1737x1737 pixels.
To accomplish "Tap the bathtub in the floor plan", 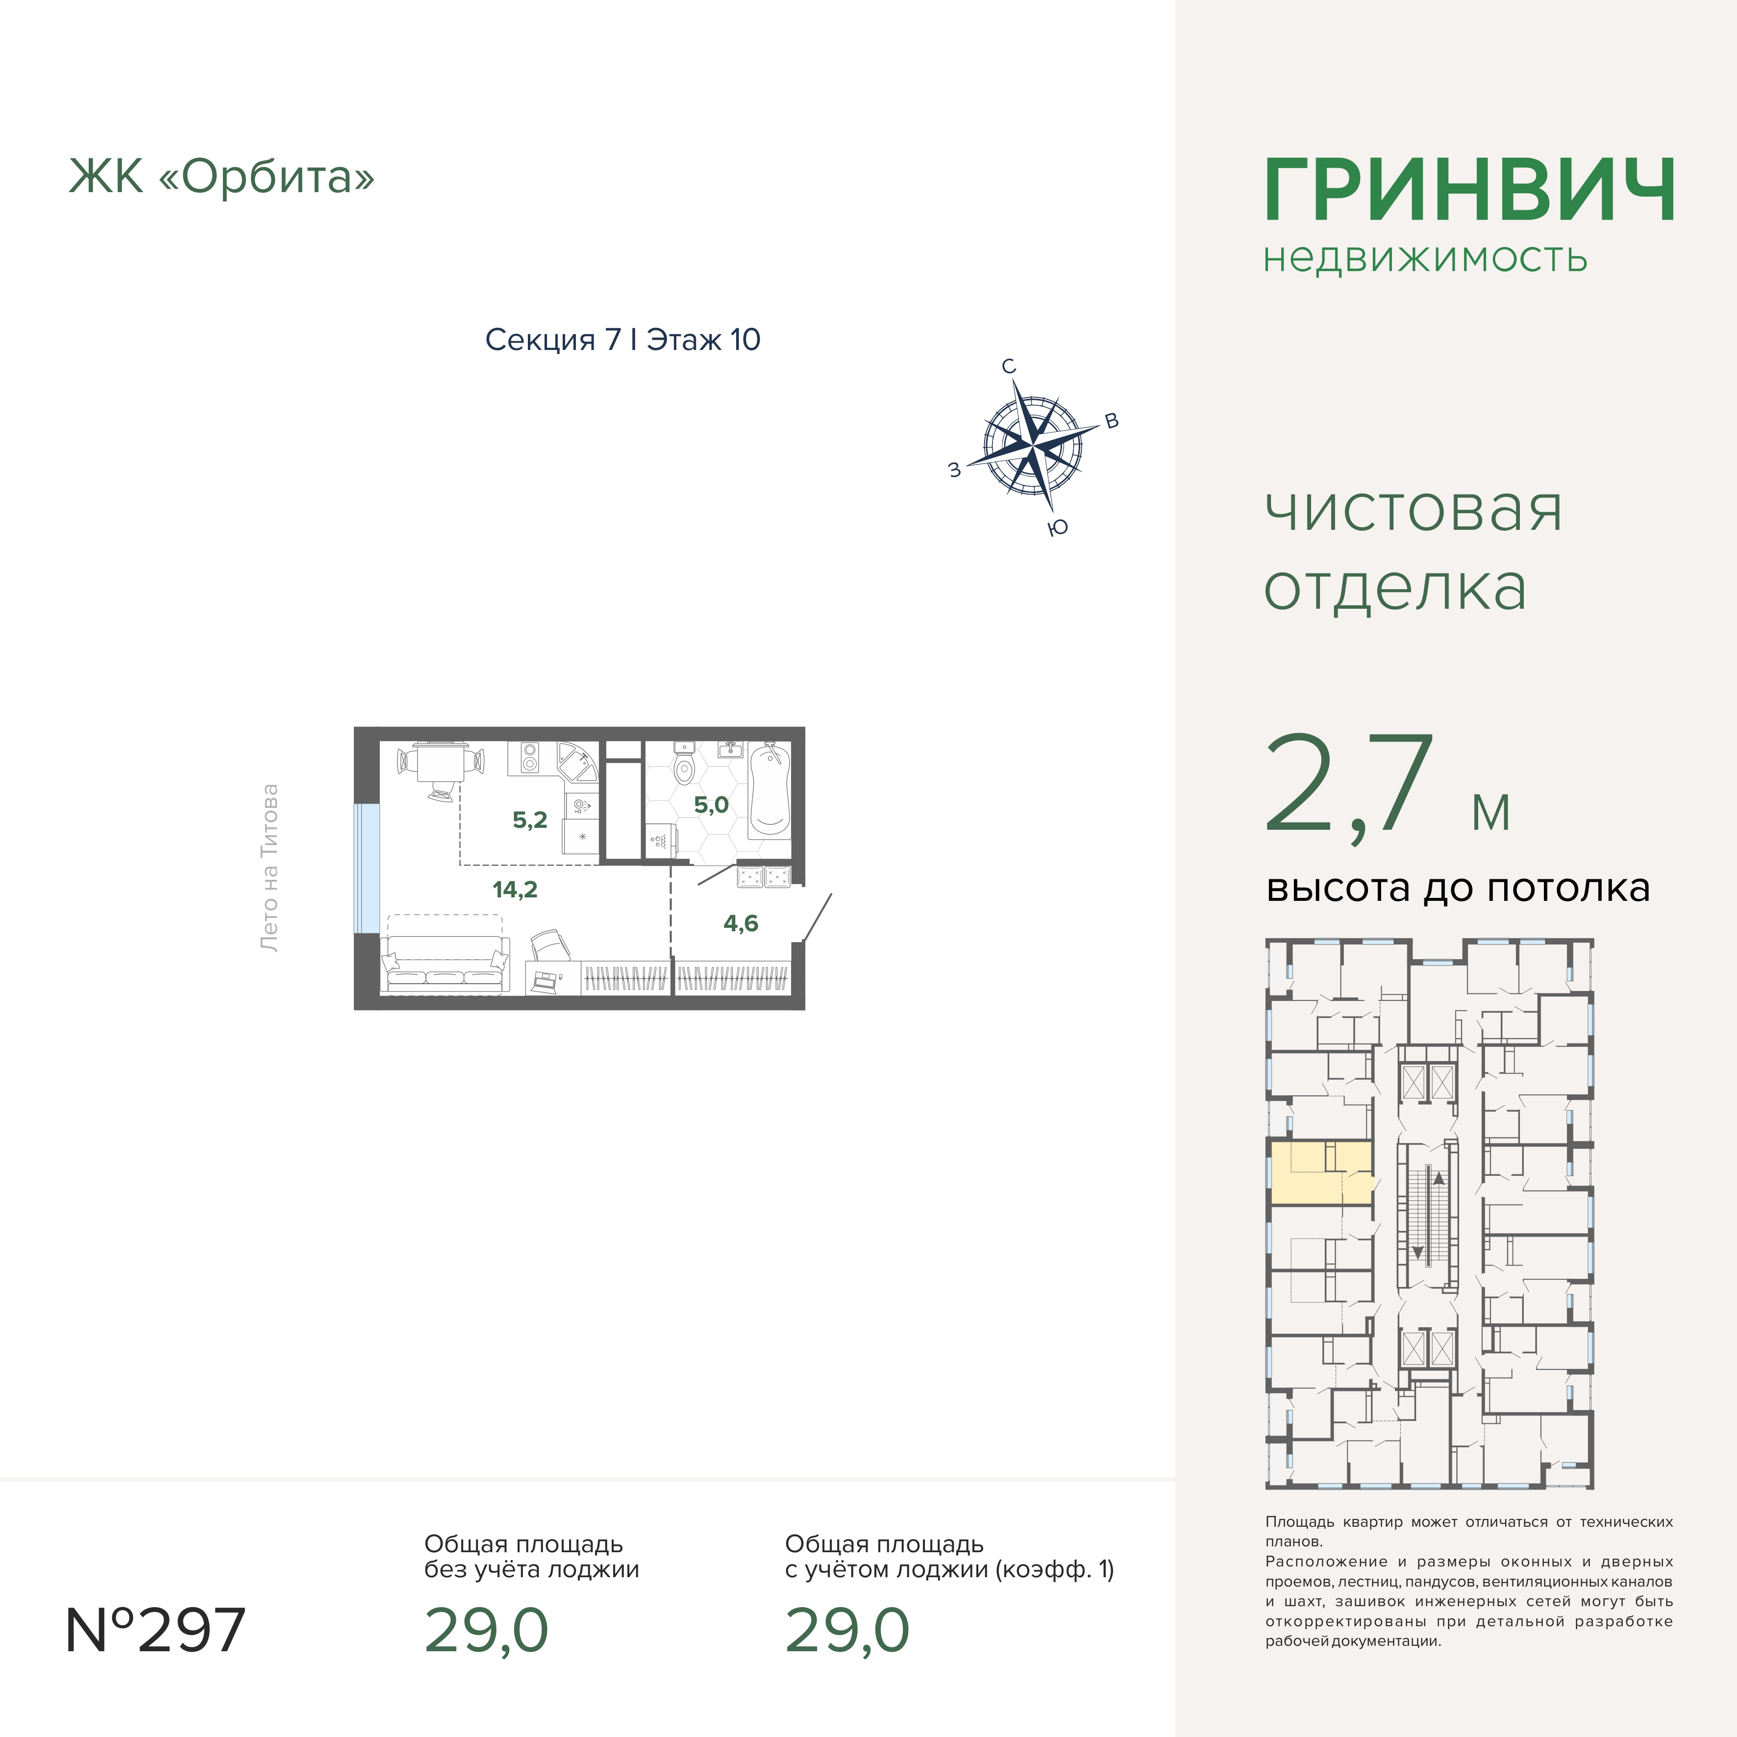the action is tap(769, 790).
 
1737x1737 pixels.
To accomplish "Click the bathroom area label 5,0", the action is tap(711, 805).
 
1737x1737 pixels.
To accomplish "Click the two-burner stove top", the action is tap(529, 758).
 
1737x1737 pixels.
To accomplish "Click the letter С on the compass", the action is tap(1009, 367).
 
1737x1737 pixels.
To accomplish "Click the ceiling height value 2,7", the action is tap(1349, 784).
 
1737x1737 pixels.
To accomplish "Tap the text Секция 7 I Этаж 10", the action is tap(622, 340).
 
